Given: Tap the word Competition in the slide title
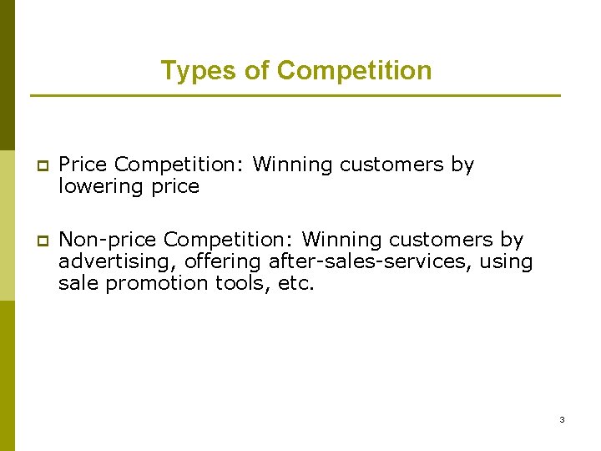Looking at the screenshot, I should pyautogui.click(x=354, y=71).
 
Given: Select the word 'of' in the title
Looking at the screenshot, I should pyautogui.click(x=256, y=71).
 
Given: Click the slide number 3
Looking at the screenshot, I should pyautogui.click(x=562, y=419).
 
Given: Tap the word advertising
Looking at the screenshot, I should pyautogui.click(x=118, y=261).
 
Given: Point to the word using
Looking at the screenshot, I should pyautogui.click(x=507, y=261).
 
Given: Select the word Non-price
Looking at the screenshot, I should pyautogui.click(x=108, y=240).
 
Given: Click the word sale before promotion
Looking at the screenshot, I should pyautogui.click(x=78, y=283).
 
